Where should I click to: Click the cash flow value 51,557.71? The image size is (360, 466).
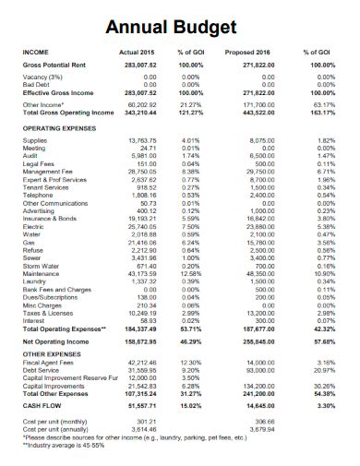point(141,404)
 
